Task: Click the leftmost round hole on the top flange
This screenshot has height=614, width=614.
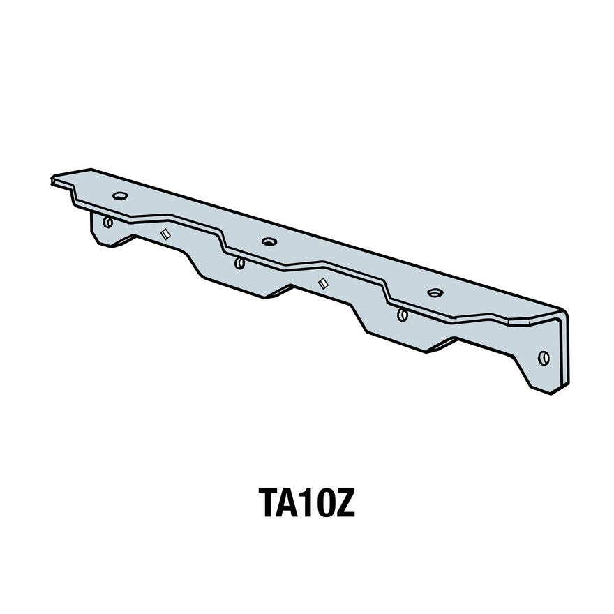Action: click(119, 196)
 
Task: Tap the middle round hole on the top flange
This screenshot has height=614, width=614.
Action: click(269, 242)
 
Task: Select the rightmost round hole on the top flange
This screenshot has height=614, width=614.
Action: click(435, 292)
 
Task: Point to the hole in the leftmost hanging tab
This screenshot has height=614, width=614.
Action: click(107, 223)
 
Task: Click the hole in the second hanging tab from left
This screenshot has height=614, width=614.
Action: click(239, 263)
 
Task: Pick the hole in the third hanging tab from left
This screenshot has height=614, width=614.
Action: click(403, 315)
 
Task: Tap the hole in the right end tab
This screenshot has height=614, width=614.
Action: click(544, 358)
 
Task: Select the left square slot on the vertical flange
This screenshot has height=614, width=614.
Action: click(165, 234)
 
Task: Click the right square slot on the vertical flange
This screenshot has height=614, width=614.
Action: click(323, 283)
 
